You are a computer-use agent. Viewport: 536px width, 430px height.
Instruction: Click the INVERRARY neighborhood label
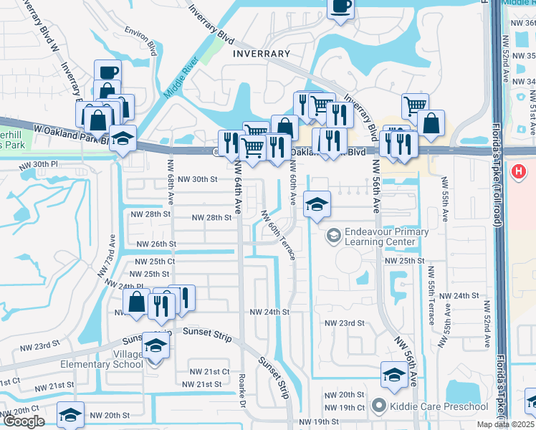(261, 54)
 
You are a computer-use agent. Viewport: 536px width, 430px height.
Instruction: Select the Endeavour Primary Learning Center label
(386, 236)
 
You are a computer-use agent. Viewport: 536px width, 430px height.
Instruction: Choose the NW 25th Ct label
(152, 262)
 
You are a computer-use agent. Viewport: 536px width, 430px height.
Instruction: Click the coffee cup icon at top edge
(340, 7)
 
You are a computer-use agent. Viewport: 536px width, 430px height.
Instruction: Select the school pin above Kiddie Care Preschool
(393, 374)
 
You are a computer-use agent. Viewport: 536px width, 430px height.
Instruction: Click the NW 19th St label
(318, 421)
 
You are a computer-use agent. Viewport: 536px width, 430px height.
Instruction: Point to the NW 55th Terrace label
(431, 294)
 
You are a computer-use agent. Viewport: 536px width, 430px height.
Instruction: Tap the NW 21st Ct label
(209, 371)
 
